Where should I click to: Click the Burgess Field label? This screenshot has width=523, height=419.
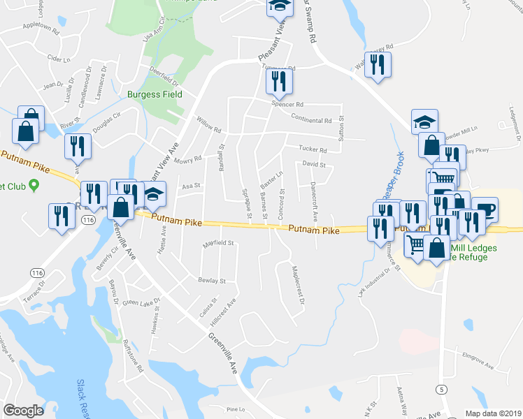tap(155, 94)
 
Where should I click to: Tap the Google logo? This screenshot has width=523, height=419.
tap(24, 411)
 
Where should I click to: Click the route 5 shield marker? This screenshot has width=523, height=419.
tap(441, 388)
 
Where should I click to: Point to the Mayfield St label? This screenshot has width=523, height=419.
tap(217, 244)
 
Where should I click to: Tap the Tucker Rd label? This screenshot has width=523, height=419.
tap(313, 150)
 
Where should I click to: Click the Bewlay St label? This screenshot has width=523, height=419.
tap(213, 281)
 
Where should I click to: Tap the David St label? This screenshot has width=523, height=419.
tap(314, 164)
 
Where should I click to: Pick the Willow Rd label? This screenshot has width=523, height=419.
tap(208, 125)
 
